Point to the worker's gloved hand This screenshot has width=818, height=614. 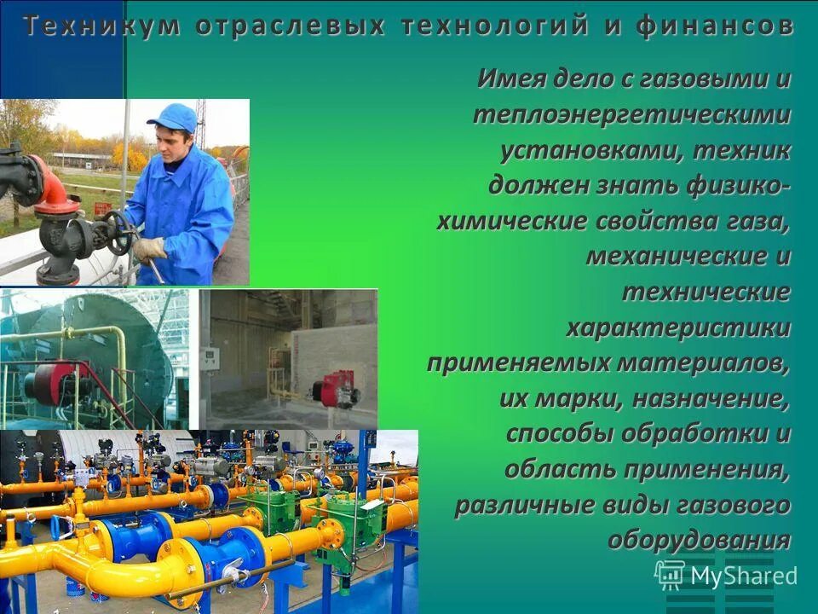pyautogui.click(x=148, y=248)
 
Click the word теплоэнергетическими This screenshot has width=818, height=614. pyautogui.click(x=631, y=113)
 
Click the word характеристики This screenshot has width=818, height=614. pyautogui.click(x=678, y=328)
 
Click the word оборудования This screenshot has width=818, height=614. pyautogui.click(x=699, y=540)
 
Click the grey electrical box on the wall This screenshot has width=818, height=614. pyautogui.click(x=209, y=359)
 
